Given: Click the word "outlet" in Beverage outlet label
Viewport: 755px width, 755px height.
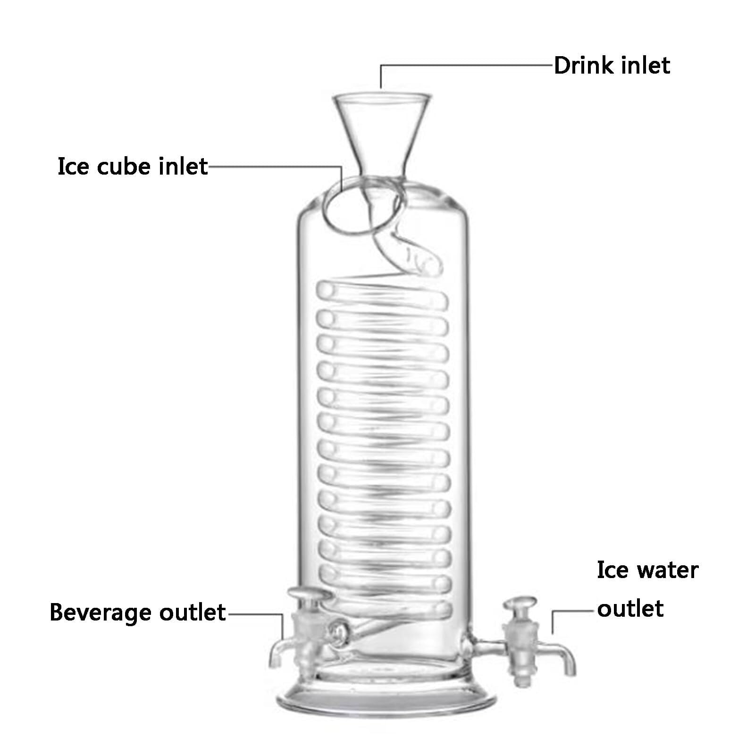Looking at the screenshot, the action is point(193,613).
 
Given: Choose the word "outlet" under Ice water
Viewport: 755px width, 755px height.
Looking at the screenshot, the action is point(630,608).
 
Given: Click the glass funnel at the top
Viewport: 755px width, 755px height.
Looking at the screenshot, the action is point(382,127).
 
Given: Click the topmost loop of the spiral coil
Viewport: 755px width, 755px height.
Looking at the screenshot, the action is point(382,290).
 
